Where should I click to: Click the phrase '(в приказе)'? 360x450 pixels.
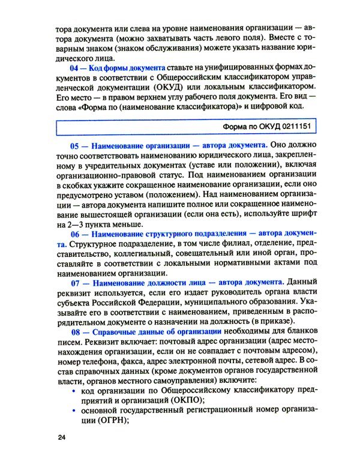pyautogui.click(x=254, y=320)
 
